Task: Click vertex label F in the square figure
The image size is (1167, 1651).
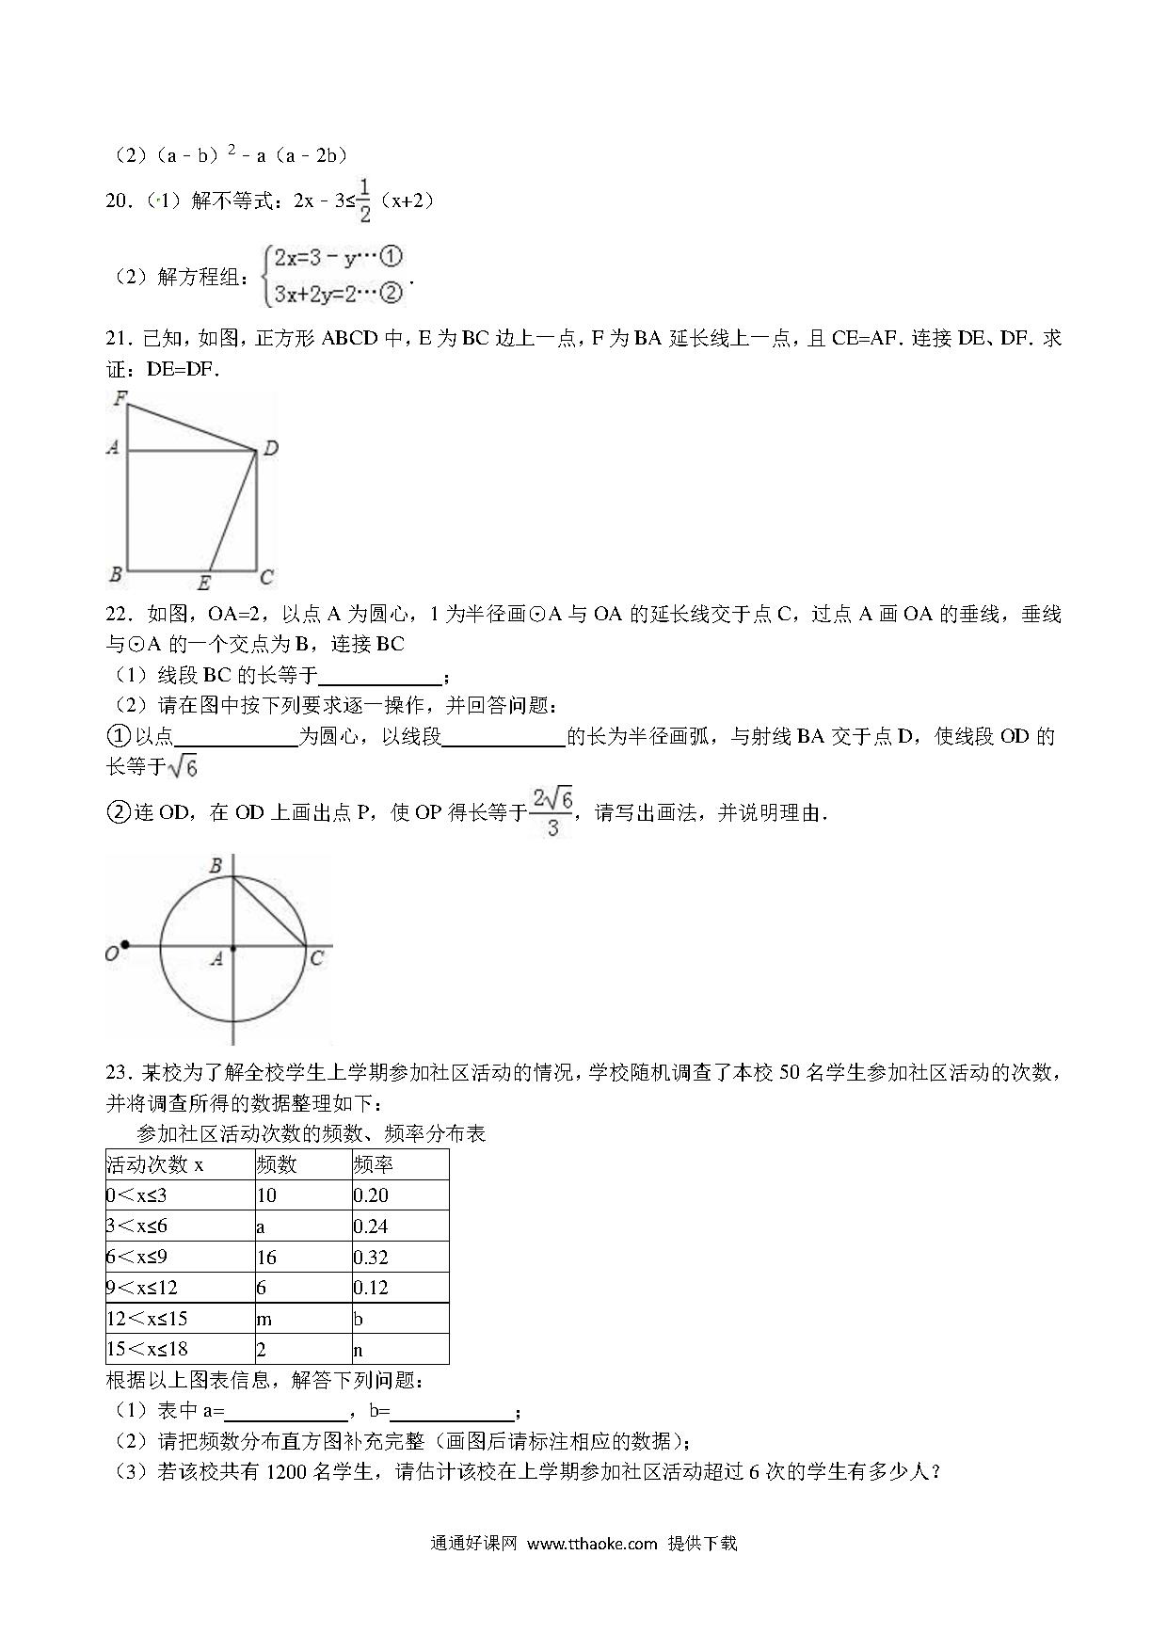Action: (120, 398)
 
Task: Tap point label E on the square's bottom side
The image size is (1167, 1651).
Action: (203, 584)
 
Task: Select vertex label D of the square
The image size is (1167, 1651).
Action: (270, 449)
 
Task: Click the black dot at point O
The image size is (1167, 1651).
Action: (125, 945)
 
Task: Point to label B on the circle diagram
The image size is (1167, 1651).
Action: (216, 865)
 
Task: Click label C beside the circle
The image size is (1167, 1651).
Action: (317, 958)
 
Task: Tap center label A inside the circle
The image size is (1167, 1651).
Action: (216, 959)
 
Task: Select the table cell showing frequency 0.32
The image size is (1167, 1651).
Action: (371, 1257)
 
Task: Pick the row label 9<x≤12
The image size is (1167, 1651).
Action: (142, 1288)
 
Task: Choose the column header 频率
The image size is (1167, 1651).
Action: (373, 1164)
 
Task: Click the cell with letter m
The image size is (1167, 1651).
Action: (264, 1319)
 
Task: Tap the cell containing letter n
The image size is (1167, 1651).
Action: (359, 1350)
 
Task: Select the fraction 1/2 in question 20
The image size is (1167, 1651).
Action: (364, 200)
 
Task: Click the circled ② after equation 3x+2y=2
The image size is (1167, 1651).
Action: (391, 293)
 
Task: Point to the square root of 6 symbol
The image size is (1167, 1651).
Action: (182, 767)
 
